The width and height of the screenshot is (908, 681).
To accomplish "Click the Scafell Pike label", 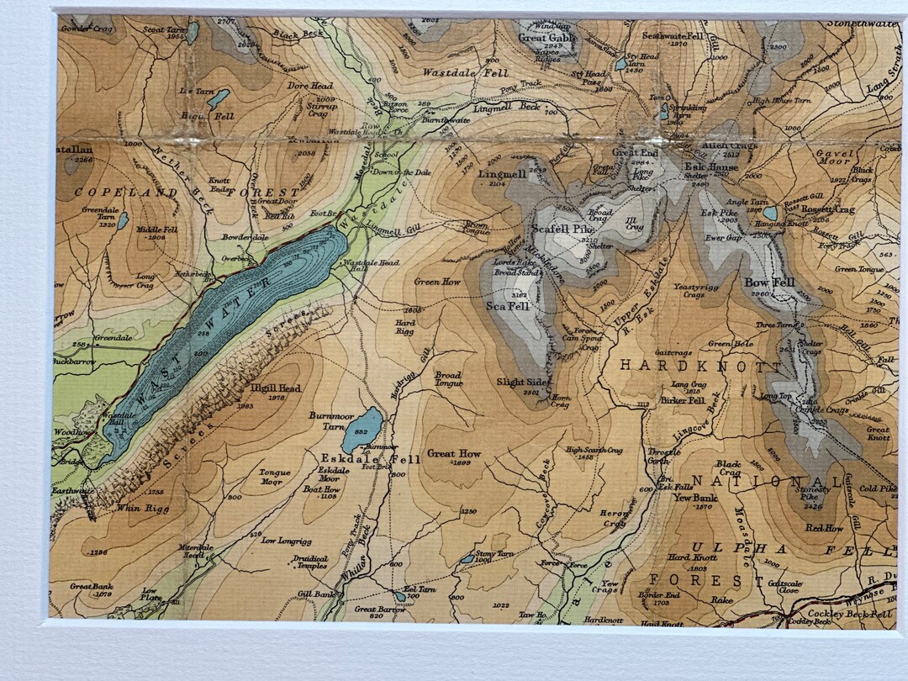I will (562, 229).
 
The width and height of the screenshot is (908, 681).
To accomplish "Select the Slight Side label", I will (523, 382).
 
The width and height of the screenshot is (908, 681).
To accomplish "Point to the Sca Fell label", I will (507, 307).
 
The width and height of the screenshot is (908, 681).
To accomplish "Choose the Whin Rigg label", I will (137, 507).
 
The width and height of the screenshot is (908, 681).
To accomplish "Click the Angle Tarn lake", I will (769, 213).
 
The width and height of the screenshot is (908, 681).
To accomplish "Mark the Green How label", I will (439, 282).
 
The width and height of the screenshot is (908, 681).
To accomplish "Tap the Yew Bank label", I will (693, 497).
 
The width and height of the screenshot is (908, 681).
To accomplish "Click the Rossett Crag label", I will (827, 209).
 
